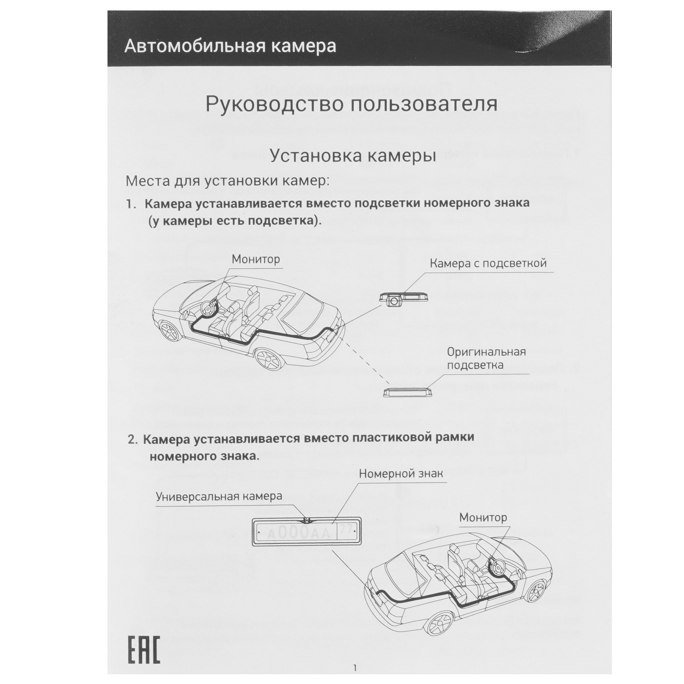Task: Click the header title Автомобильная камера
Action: (x=230, y=47)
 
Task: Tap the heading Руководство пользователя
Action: (x=351, y=104)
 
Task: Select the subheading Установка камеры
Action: (x=353, y=156)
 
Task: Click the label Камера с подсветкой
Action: (x=488, y=263)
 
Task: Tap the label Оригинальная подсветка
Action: (x=486, y=358)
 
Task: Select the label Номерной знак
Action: (x=401, y=474)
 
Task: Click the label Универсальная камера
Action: (x=219, y=496)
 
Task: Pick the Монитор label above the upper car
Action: (x=255, y=259)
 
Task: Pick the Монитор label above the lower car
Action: (x=483, y=517)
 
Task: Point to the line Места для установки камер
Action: (x=228, y=181)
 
